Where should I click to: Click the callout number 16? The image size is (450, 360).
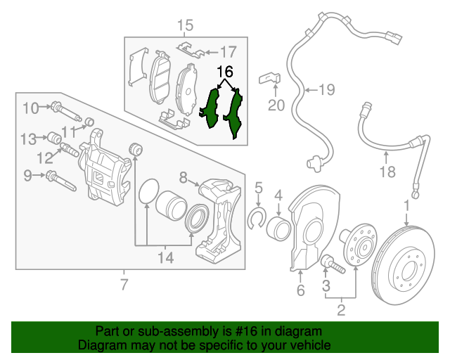click(224, 72)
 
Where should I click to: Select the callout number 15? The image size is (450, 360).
click(184, 27)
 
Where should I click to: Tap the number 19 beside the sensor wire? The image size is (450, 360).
click(326, 89)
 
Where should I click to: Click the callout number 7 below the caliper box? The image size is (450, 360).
click(124, 285)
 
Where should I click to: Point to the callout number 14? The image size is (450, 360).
click(165, 258)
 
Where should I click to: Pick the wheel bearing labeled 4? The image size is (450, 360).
click(278, 227)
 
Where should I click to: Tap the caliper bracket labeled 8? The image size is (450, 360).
click(217, 218)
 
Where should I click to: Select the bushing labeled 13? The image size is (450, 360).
click(54, 136)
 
